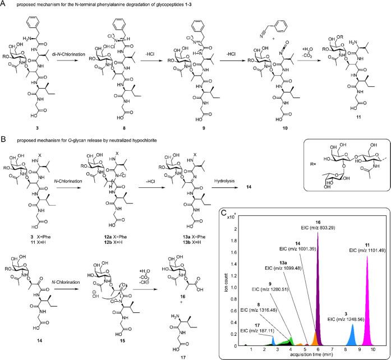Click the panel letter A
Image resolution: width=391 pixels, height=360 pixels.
[4, 4]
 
